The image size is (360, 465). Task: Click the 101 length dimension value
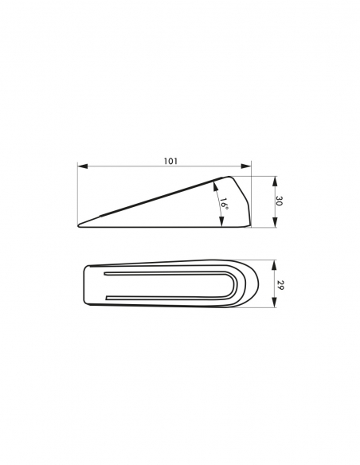(170, 161)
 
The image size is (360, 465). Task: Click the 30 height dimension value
(279, 201)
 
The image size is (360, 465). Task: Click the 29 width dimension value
(279, 285)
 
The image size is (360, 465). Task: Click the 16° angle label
(224, 204)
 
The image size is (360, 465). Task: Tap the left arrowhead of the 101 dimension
(83, 166)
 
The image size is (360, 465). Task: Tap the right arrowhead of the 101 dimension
(246, 166)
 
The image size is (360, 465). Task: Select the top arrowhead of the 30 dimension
(276, 182)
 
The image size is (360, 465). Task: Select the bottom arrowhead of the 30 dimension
(276, 222)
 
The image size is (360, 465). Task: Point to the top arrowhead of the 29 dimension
(275, 265)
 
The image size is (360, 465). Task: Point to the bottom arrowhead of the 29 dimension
(275, 303)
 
